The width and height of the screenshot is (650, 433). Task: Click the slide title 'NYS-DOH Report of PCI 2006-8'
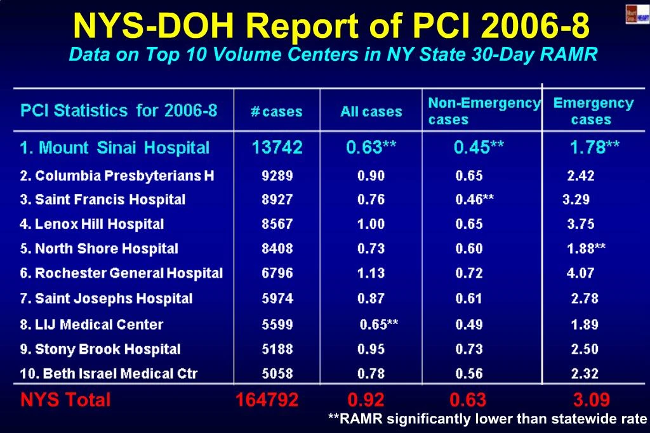(331, 26)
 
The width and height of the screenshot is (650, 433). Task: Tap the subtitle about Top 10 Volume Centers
(333, 55)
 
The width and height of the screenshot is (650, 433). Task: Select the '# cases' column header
(277, 112)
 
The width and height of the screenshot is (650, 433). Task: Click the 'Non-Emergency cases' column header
(484, 111)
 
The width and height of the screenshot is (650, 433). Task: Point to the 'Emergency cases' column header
(593, 111)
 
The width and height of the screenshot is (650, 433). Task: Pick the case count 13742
(277, 148)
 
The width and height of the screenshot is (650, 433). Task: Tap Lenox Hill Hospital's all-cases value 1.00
(371, 224)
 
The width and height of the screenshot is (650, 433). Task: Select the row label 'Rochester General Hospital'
(121, 274)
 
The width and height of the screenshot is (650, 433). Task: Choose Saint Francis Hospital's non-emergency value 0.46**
(475, 200)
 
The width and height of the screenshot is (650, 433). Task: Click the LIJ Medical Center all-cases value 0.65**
(379, 325)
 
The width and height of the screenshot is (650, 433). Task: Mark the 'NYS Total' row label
(65, 400)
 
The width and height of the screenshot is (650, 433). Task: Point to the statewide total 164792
(267, 400)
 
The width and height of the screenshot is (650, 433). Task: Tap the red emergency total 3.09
(591, 400)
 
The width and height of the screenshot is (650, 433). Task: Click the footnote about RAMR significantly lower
(487, 418)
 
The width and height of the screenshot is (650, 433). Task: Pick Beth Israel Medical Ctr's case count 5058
(277, 374)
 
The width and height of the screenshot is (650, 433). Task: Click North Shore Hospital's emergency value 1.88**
(586, 249)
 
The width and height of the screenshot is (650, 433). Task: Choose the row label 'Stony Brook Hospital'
(100, 349)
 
